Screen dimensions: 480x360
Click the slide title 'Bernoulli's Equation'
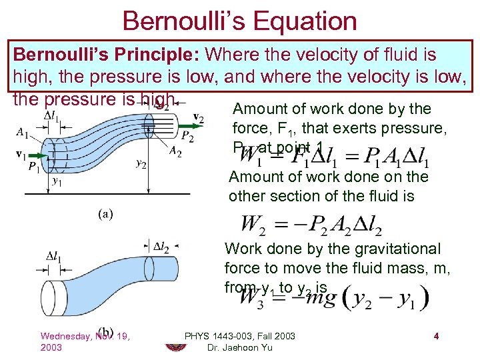[x=239, y=21]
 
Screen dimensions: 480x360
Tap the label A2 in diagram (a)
[x=175, y=152]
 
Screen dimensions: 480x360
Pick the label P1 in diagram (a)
[x=34, y=167]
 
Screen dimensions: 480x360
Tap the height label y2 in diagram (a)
[x=141, y=163]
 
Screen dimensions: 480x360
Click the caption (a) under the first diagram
[x=106, y=215]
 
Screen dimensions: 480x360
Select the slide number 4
[x=435, y=336]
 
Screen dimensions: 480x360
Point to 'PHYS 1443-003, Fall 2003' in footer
[x=239, y=336]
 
